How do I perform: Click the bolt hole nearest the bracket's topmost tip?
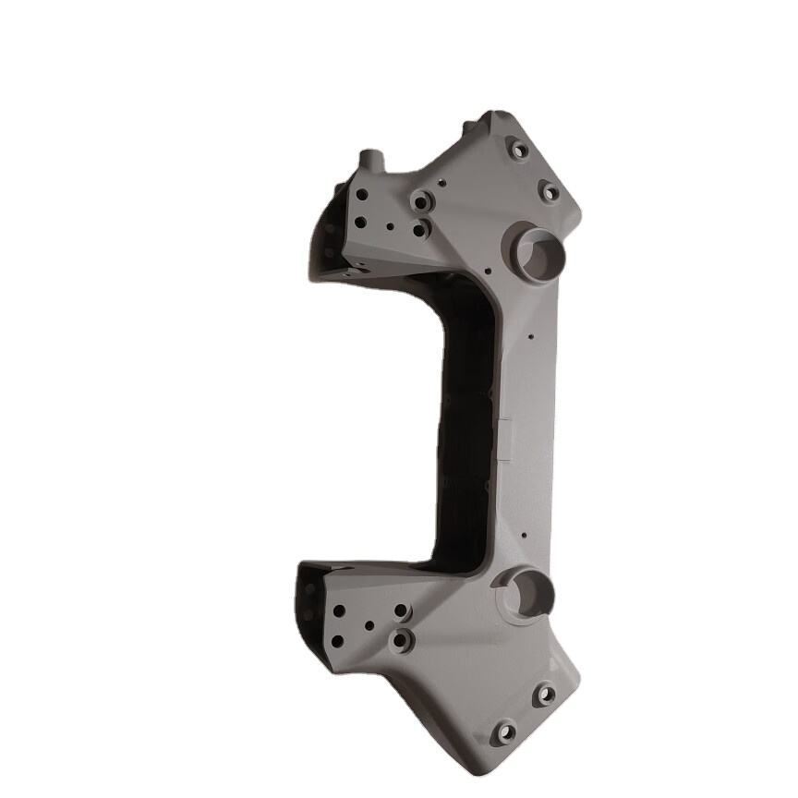[519, 149]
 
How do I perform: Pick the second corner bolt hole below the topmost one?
[550, 192]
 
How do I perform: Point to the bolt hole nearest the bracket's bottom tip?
[505, 733]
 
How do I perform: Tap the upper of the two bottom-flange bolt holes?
[545, 694]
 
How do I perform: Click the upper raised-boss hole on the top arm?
[422, 199]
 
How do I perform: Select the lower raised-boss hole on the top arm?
[420, 228]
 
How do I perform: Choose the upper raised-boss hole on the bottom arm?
[401, 611]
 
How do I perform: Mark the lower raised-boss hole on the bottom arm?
[399, 639]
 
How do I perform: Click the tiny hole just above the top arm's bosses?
[441, 183]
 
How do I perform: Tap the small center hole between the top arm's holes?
[391, 224]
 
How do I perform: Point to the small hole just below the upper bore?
[485, 271]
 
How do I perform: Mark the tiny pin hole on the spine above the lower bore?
[522, 535]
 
